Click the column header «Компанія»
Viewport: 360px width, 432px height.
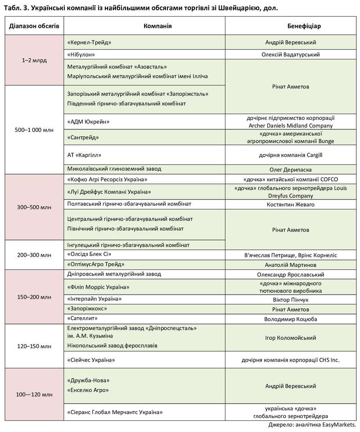(x=157, y=26)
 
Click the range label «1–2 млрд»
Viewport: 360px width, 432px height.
(x=34, y=60)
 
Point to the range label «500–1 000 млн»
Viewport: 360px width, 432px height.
(x=34, y=130)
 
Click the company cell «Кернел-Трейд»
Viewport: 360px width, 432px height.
(x=89, y=42)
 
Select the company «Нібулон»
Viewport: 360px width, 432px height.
(x=81, y=55)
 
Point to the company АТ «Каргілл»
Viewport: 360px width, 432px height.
(x=84, y=155)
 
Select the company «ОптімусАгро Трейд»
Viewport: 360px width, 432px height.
(x=95, y=264)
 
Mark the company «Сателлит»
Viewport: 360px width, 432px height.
(x=82, y=318)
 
